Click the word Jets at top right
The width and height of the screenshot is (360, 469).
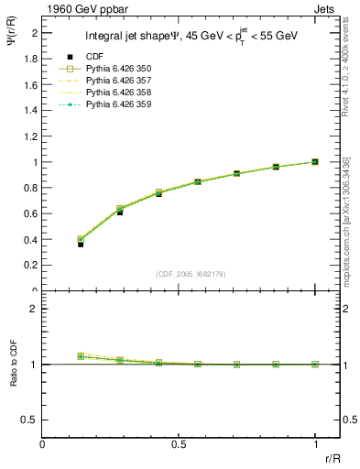pos(327,8)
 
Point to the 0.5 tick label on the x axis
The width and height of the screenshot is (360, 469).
pos(179,443)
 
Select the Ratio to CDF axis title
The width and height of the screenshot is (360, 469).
pos(15,364)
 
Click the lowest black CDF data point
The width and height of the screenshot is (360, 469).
pos(81,245)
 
